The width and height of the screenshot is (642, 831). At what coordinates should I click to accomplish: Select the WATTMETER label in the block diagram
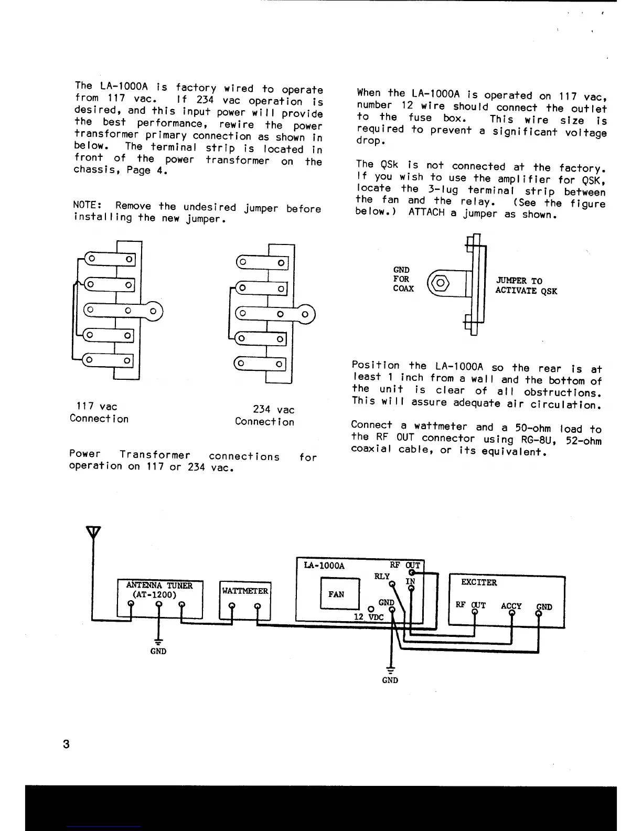245,591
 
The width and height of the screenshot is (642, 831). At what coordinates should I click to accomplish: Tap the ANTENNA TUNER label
159,585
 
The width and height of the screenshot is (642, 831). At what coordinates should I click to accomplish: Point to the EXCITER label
478,582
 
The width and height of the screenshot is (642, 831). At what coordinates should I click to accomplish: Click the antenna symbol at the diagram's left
93,532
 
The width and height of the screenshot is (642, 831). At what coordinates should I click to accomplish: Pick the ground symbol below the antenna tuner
158,642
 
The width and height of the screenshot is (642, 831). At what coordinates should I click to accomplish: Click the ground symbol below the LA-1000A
390,670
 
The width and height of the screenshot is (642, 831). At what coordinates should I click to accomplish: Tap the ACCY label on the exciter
511,606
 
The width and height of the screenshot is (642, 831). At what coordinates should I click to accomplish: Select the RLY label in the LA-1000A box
382,576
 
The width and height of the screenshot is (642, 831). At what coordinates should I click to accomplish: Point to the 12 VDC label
368,617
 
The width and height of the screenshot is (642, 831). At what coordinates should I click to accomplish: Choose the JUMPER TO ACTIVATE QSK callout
526,286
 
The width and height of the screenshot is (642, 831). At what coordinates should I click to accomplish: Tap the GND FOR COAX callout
403,279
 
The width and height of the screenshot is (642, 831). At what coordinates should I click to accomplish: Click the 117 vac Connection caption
99,412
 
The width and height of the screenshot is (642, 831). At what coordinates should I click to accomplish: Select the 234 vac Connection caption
265,415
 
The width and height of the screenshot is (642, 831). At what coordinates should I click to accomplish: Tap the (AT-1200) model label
154,595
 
